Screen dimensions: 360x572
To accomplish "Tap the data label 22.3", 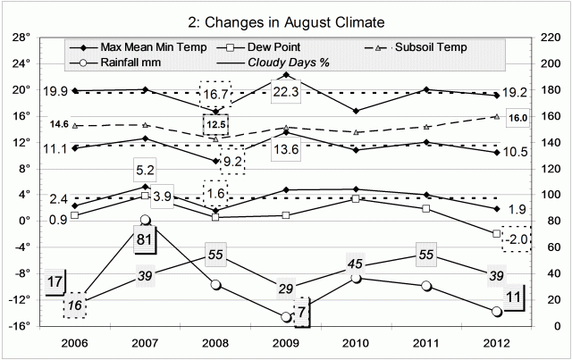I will pos(287,92).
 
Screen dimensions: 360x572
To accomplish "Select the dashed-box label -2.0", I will pos(514,239).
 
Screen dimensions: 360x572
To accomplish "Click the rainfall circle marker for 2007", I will pos(145,220).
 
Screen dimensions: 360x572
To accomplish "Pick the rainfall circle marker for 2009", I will pos(286,317).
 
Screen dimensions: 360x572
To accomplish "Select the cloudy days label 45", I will pos(357,263).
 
